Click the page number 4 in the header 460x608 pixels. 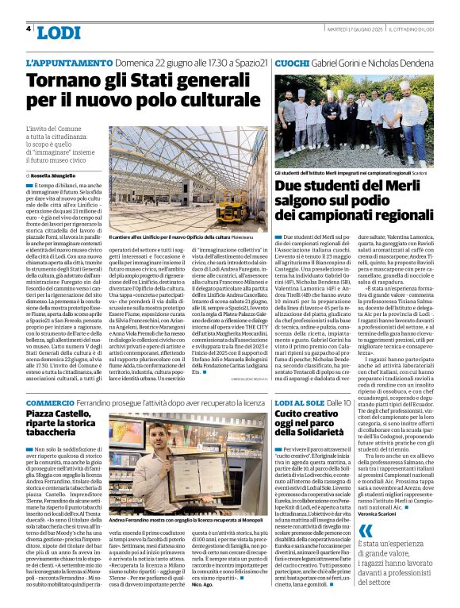click(x=29, y=29)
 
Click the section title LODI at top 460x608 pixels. click(x=59, y=32)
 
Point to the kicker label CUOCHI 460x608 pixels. click(x=290, y=62)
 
